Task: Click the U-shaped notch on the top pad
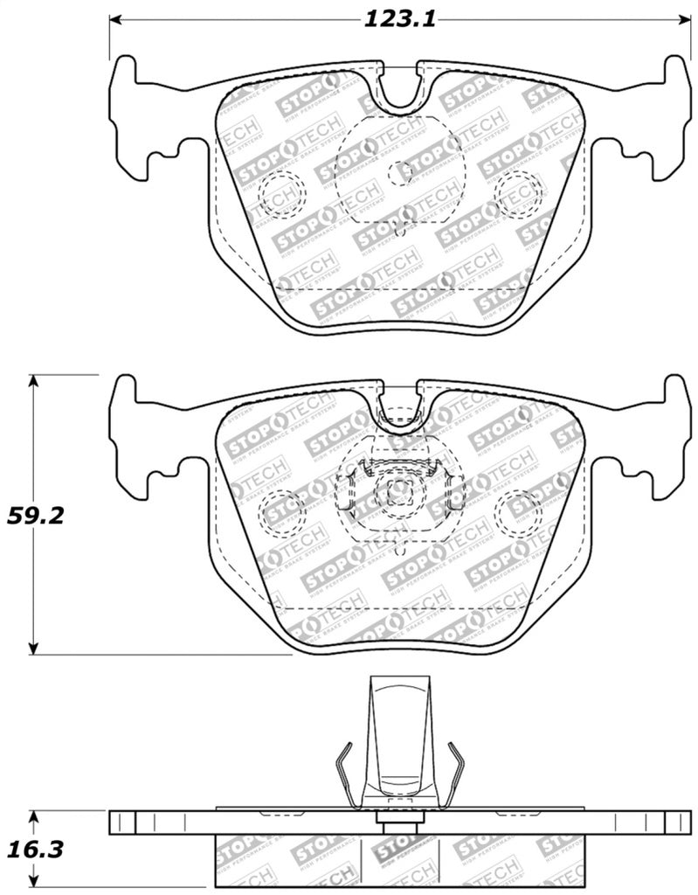coord(400,87)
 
